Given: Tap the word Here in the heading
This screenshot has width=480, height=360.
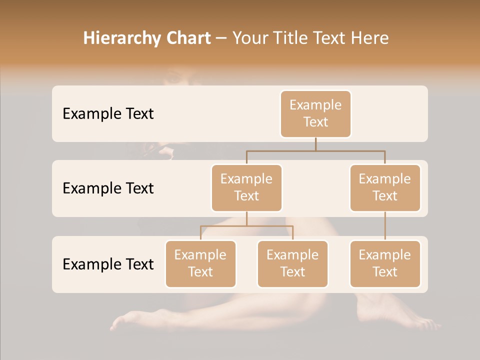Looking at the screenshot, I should [x=370, y=38].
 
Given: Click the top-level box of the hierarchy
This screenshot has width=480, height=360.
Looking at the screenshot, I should [x=315, y=113].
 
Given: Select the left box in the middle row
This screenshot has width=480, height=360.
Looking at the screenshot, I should [x=246, y=187].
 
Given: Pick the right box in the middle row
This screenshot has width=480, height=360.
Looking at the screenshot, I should [x=385, y=187].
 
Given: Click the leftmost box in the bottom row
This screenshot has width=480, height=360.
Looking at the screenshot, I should [x=200, y=263].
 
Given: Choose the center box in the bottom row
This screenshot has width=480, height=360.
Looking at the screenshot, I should [x=292, y=263].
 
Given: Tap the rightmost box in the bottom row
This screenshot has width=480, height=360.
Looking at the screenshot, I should [x=385, y=263].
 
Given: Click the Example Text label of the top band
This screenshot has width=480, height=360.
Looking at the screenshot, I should [x=108, y=113].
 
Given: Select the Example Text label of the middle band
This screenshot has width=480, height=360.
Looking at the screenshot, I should [x=108, y=188].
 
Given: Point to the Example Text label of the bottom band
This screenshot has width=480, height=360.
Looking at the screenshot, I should [x=108, y=264].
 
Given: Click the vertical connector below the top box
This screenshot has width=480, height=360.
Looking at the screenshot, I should [x=315, y=144].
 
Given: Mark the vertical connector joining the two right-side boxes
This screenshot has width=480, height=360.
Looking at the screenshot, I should [x=385, y=225].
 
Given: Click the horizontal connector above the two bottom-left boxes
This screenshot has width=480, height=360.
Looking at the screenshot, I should [x=246, y=226].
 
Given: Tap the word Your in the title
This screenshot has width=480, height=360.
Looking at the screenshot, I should [x=251, y=38].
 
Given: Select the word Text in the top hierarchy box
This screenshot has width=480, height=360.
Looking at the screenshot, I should [x=315, y=122].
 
